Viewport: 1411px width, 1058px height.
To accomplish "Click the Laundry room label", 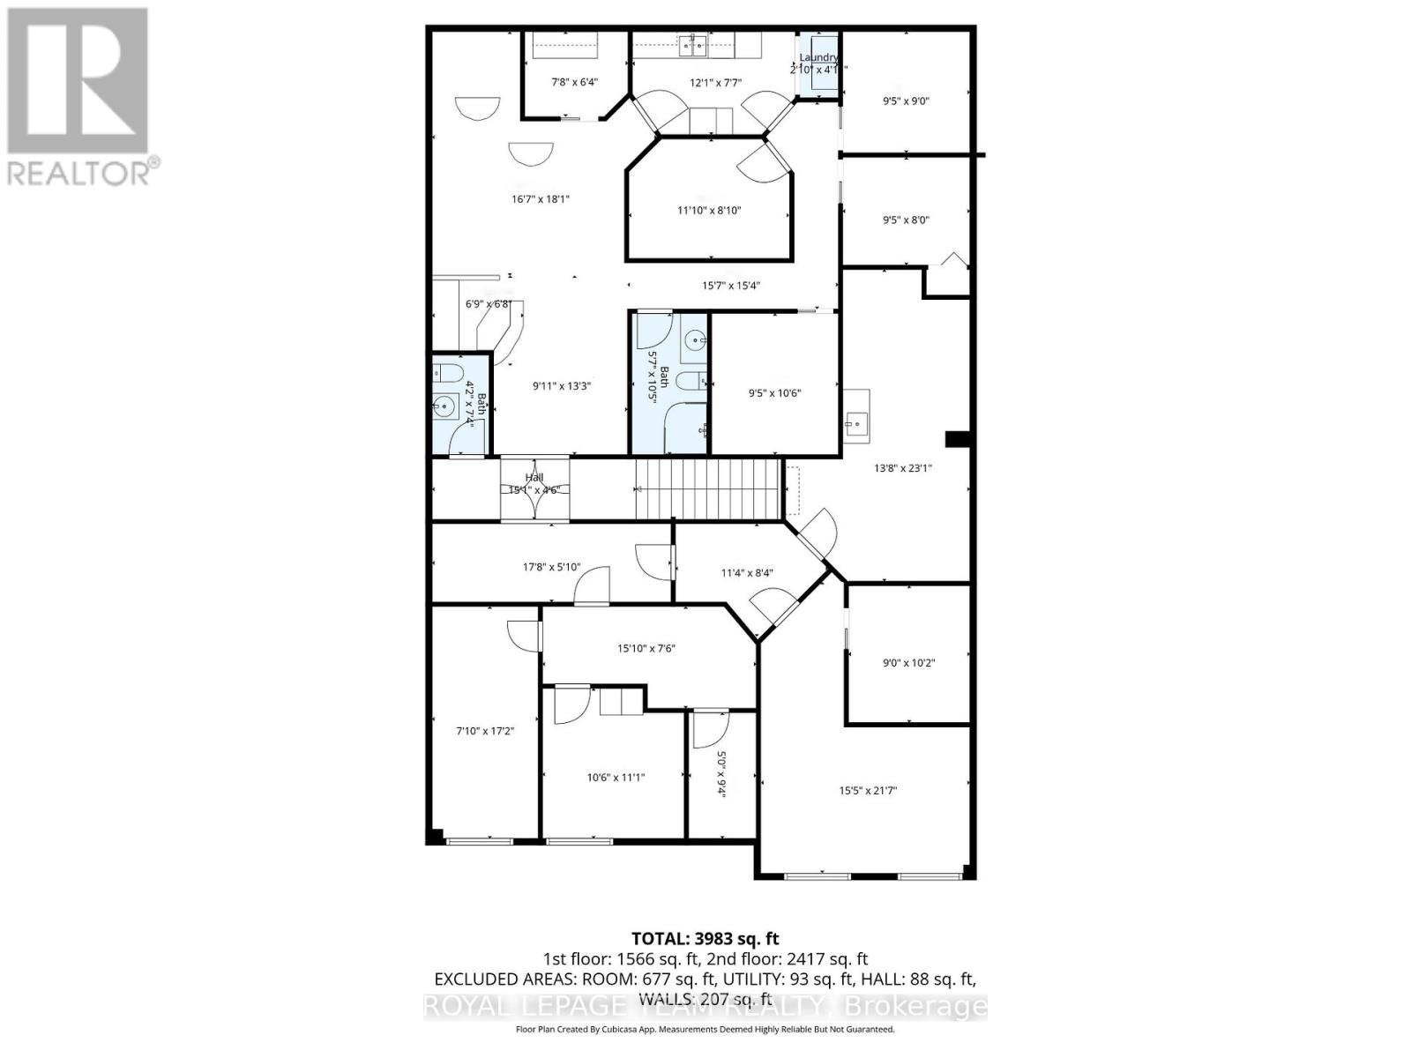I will coord(818,57).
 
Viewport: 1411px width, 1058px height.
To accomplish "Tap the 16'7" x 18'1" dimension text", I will coord(541,199).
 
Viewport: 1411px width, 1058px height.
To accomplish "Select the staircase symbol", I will coord(710,488).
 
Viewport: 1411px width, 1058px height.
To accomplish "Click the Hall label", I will coord(534,478).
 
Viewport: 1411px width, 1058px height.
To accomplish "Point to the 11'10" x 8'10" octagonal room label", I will coord(709,210).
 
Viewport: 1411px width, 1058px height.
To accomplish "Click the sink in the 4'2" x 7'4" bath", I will coord(444,407).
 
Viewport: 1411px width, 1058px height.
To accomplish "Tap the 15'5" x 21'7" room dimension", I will coord(868,791).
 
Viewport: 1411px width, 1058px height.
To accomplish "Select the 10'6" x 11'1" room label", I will coord(616,778).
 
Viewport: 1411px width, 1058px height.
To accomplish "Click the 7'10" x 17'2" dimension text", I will coord(485,731).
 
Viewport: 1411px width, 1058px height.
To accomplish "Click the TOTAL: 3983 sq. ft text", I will coord(705,939).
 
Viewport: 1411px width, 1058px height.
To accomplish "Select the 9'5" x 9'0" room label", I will coord(906,101).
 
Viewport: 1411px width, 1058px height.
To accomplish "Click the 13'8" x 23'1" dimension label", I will coord(902,468).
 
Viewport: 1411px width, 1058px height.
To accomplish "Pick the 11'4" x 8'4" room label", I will coord(748,573).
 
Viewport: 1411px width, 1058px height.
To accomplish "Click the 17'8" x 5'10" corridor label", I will coord(551,567).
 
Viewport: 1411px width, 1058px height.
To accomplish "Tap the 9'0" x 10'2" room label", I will coord(908,662).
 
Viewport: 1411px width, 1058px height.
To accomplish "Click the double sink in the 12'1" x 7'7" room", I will coord(693,44).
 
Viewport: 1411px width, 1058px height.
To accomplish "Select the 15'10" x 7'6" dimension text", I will coord(646,648).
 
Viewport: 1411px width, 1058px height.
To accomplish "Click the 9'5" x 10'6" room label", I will coord(774,393).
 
